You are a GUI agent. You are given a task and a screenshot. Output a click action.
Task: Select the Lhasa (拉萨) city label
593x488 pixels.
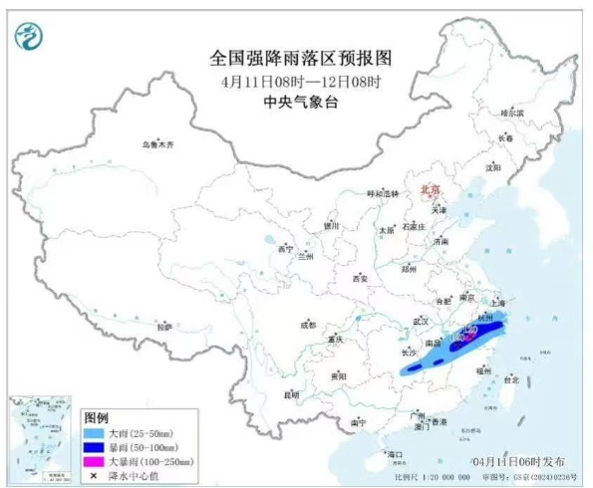click(164, 326)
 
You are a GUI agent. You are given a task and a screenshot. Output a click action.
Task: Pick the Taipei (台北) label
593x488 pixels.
click(511, 379)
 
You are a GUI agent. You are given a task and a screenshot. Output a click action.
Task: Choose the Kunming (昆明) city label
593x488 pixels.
click(291, 394)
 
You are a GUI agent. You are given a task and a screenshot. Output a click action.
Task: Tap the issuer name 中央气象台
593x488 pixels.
click(296, 102)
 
